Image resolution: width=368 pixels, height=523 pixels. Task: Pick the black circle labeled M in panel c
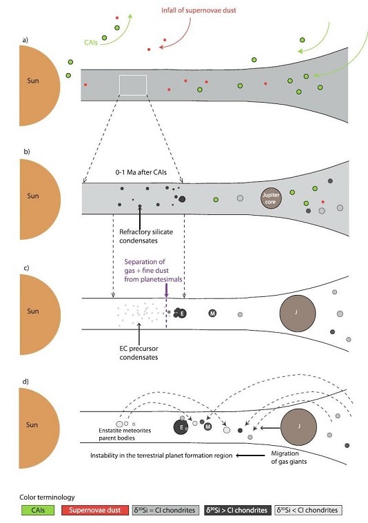pos(213,313)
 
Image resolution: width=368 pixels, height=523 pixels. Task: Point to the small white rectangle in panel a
pos(133,85)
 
